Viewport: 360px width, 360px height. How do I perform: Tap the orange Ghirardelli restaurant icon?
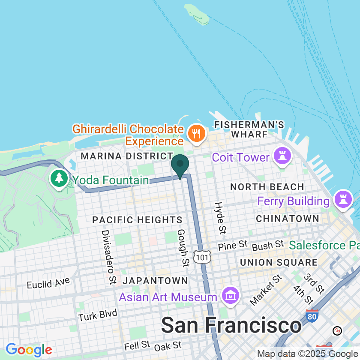[x=196, y=134]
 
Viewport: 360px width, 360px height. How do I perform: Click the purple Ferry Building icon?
[x=342, y=200]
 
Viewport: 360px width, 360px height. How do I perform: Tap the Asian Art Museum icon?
[x=231, y=296]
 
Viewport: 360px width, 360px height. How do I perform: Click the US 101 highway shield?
[x=201, y=257]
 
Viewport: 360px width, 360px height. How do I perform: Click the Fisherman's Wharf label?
[x=249, y=129]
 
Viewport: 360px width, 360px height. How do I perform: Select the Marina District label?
[x=127, y=156]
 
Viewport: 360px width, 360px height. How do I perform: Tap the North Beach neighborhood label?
[x=267, y=187]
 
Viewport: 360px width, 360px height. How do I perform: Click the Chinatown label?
[x=287, y=219]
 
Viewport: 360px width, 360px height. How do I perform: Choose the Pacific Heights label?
[x=138, y=220]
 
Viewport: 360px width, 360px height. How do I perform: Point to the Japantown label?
[x=155, y=281]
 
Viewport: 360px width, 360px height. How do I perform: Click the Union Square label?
[x=279, y=262]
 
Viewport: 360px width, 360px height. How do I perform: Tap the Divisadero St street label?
[x=108, y=257]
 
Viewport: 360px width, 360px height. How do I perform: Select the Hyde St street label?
[x=220, y=218]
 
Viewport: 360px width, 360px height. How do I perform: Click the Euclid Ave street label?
[x=48, y=283]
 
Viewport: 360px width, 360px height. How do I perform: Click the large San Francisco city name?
[x=231, y=325]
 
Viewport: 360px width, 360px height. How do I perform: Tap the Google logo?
[x=29, y=350]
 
